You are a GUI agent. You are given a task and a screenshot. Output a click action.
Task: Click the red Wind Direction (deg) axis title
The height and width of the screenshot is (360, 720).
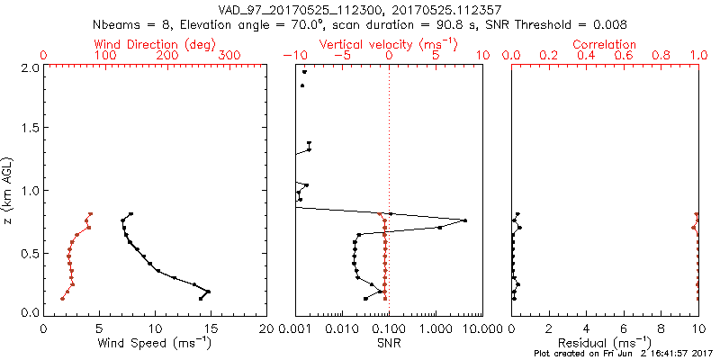click(x=155, y=44)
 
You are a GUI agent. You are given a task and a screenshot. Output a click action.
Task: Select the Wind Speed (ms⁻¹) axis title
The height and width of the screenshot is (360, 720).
click(x=155, y=343)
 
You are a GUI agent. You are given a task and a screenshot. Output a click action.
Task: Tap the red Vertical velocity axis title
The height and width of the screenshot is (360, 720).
click(x=388, y=44)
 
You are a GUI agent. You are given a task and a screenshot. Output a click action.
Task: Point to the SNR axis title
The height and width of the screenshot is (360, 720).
click(x=388, y=343)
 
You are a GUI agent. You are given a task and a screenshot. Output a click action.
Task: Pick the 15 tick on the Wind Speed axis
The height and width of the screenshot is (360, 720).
click(x=211, y=328)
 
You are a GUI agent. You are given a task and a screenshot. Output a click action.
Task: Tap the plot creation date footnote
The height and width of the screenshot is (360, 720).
click(x=623, y=355)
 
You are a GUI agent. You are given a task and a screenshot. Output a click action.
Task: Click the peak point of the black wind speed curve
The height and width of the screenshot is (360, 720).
click(x=209, y=292)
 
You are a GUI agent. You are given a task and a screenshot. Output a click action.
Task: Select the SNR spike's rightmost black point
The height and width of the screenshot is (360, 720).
click(x=464, y=220)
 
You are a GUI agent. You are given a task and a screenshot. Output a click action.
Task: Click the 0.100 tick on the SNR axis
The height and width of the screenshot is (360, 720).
click(x=388, y=328)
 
